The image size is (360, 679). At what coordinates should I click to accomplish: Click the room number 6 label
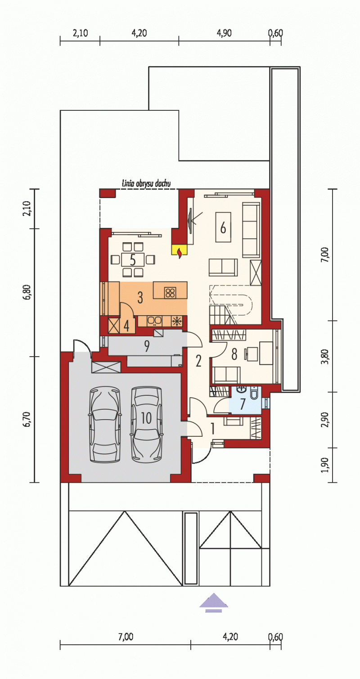[223, 227]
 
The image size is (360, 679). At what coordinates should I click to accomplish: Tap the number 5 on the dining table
[133, 260]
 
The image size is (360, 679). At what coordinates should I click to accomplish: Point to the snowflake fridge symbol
[177, 321]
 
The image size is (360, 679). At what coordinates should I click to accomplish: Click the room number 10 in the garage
[146, 418]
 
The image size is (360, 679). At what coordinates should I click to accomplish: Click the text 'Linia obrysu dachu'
[146, 183]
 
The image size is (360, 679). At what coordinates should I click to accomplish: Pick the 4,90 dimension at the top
[224, 33]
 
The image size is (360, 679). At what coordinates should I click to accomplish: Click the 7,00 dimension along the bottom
[126, 637]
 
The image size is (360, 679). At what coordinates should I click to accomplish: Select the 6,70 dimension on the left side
[27, 419]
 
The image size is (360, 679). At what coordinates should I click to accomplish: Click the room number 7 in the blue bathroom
[243, 404]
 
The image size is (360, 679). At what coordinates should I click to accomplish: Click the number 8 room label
[234, 354]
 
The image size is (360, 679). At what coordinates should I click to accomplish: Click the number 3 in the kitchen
[140, 298]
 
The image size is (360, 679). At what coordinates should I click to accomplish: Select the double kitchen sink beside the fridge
[154, 321]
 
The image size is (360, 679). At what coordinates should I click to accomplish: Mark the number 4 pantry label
[126, 326]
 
